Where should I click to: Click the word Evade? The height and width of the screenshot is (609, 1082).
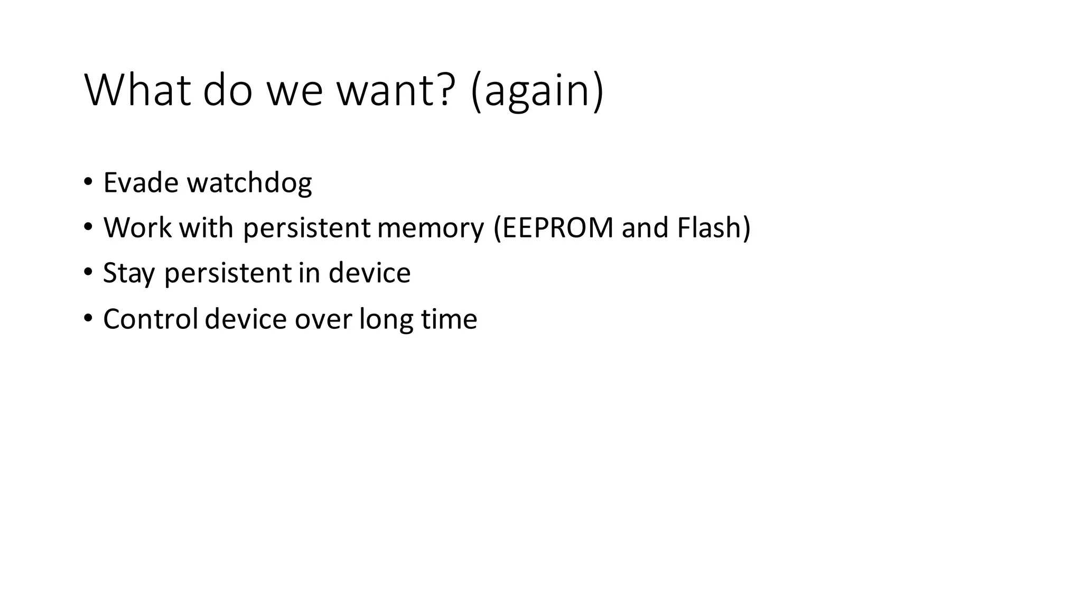[141, 182]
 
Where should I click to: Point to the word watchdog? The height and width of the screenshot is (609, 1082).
[249, 183]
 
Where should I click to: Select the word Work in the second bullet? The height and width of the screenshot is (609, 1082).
[137, 228]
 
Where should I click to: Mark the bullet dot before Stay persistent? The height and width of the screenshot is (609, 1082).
[88, 273]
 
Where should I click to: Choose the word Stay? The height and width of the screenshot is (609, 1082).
[128, 274]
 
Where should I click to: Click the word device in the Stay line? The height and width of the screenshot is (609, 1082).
[369, 273]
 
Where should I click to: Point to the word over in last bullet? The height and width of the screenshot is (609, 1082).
[323, 320]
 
